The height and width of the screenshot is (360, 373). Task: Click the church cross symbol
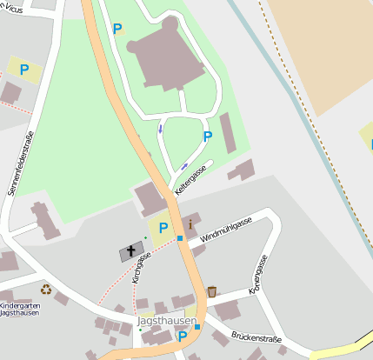(x=132, y=250)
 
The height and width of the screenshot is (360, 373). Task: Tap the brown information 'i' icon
(x=190, y=224)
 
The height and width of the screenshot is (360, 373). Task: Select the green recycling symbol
(x=46, y=289)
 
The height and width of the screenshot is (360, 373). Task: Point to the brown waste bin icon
(x=211, y=291)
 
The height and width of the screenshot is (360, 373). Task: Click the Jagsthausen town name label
(x=160, y=322)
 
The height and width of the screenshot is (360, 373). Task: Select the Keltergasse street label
(x=190, y=179)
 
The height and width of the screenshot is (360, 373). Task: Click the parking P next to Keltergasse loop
(x=207, y=137)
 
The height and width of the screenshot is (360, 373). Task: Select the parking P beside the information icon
(x=163, y=228)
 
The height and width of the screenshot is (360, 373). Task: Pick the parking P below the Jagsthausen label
(x=183, y=337)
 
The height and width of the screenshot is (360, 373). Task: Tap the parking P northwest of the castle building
(x=117, y=29)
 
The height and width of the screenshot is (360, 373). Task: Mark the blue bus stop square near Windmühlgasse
(x=180, y=238)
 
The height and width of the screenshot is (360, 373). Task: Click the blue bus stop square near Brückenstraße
(x=197, y=327)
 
